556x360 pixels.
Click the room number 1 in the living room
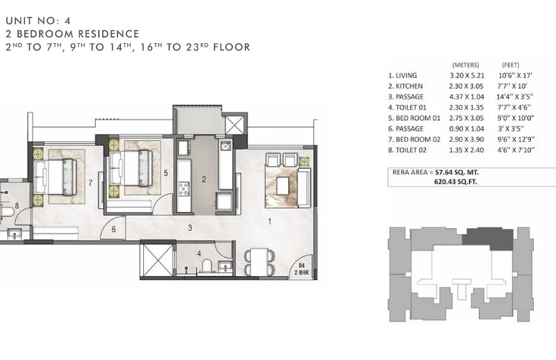tap(270, 222)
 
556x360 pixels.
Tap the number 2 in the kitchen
tap(204, 179)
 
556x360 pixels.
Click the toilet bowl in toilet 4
tap(206, 265)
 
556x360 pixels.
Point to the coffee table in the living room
tap(283, 186)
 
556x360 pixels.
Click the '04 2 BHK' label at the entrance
tap(302, 269)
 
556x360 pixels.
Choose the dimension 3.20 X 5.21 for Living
tap(466, 76)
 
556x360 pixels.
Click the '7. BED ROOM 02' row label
tap(414, 140)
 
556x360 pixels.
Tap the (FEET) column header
tap(511, 65)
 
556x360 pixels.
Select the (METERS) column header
tap(466, 65)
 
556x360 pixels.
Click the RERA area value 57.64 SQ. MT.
tap(457, 172)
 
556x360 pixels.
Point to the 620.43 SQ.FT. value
tap(456, 181)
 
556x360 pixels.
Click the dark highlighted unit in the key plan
tap(489, 239)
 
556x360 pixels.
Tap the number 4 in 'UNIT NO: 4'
tap(67, 21)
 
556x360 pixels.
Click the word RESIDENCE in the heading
tap(108, 34)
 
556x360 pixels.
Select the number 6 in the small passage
tap(114, 229)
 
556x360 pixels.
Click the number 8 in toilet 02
tap(17, 206)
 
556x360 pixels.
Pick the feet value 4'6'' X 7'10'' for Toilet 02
tap(516, 150)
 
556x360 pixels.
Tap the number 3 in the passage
tap(190, 228)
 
